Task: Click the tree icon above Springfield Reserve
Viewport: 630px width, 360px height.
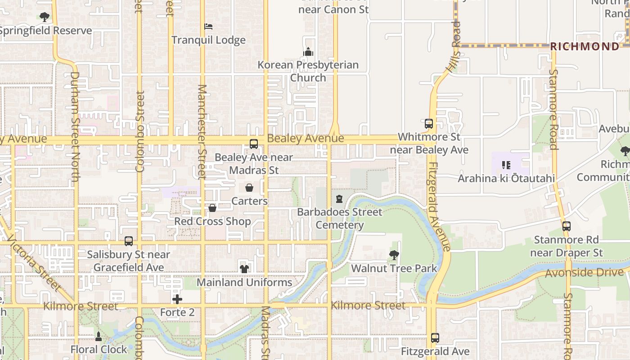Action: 44,17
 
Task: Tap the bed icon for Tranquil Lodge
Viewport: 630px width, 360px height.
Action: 208,27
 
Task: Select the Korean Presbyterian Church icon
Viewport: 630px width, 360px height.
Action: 308,52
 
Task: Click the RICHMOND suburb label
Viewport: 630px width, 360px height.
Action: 585,46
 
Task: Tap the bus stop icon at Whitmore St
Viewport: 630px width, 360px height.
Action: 429,123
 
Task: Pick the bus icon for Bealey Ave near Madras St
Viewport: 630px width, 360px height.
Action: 254,144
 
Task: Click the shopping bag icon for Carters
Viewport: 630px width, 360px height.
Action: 249,188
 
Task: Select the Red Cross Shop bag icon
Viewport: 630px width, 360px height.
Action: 212,208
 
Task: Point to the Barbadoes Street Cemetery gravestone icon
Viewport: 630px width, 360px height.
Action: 339,199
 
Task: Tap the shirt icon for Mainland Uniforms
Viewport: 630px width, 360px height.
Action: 244,269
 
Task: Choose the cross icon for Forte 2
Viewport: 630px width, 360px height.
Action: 177,299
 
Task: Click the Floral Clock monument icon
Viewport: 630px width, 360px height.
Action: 99,336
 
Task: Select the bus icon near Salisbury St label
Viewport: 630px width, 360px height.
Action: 129,241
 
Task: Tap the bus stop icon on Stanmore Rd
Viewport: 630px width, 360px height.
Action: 567,226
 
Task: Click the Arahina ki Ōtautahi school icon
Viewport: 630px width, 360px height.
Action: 506,165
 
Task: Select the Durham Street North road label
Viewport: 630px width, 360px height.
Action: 75,127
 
